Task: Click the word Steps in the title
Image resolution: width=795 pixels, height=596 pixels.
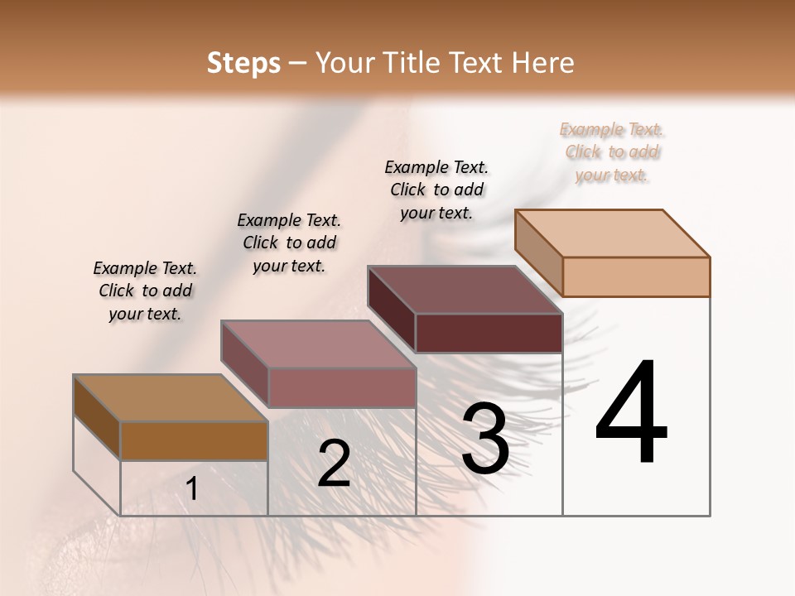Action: tap(243, 63)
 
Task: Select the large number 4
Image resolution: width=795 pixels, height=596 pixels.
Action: tap(631, 414)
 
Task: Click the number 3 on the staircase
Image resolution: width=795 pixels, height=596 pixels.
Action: tap(485, 439)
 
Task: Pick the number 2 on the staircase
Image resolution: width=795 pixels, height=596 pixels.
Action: tap(334, 464)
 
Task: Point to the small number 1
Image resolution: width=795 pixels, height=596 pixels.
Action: tap(191, 489)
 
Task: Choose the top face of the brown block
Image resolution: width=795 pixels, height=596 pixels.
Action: tap(171, 398)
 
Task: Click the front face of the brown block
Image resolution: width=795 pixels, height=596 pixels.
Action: tap(194, 440)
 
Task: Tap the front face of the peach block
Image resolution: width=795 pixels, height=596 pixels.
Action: tap(636, 276)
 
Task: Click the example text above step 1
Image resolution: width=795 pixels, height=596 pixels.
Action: tap(145, 291)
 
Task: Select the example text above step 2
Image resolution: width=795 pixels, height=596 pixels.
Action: tap(289, 243)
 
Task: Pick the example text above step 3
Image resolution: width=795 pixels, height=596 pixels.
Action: tap(436, 190)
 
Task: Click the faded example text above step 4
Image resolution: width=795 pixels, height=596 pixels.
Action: tap(613, 151)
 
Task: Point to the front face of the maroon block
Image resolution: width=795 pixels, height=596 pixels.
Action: tap(489, 333)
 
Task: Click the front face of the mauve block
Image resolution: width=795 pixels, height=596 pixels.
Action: tap(341, 387)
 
